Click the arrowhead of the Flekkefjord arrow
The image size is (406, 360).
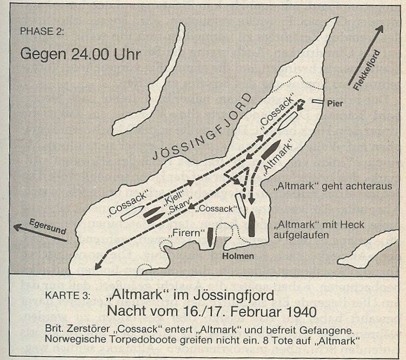(383, 27)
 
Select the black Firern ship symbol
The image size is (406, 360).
(210, 237)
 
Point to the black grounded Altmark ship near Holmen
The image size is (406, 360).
(252, 226)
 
